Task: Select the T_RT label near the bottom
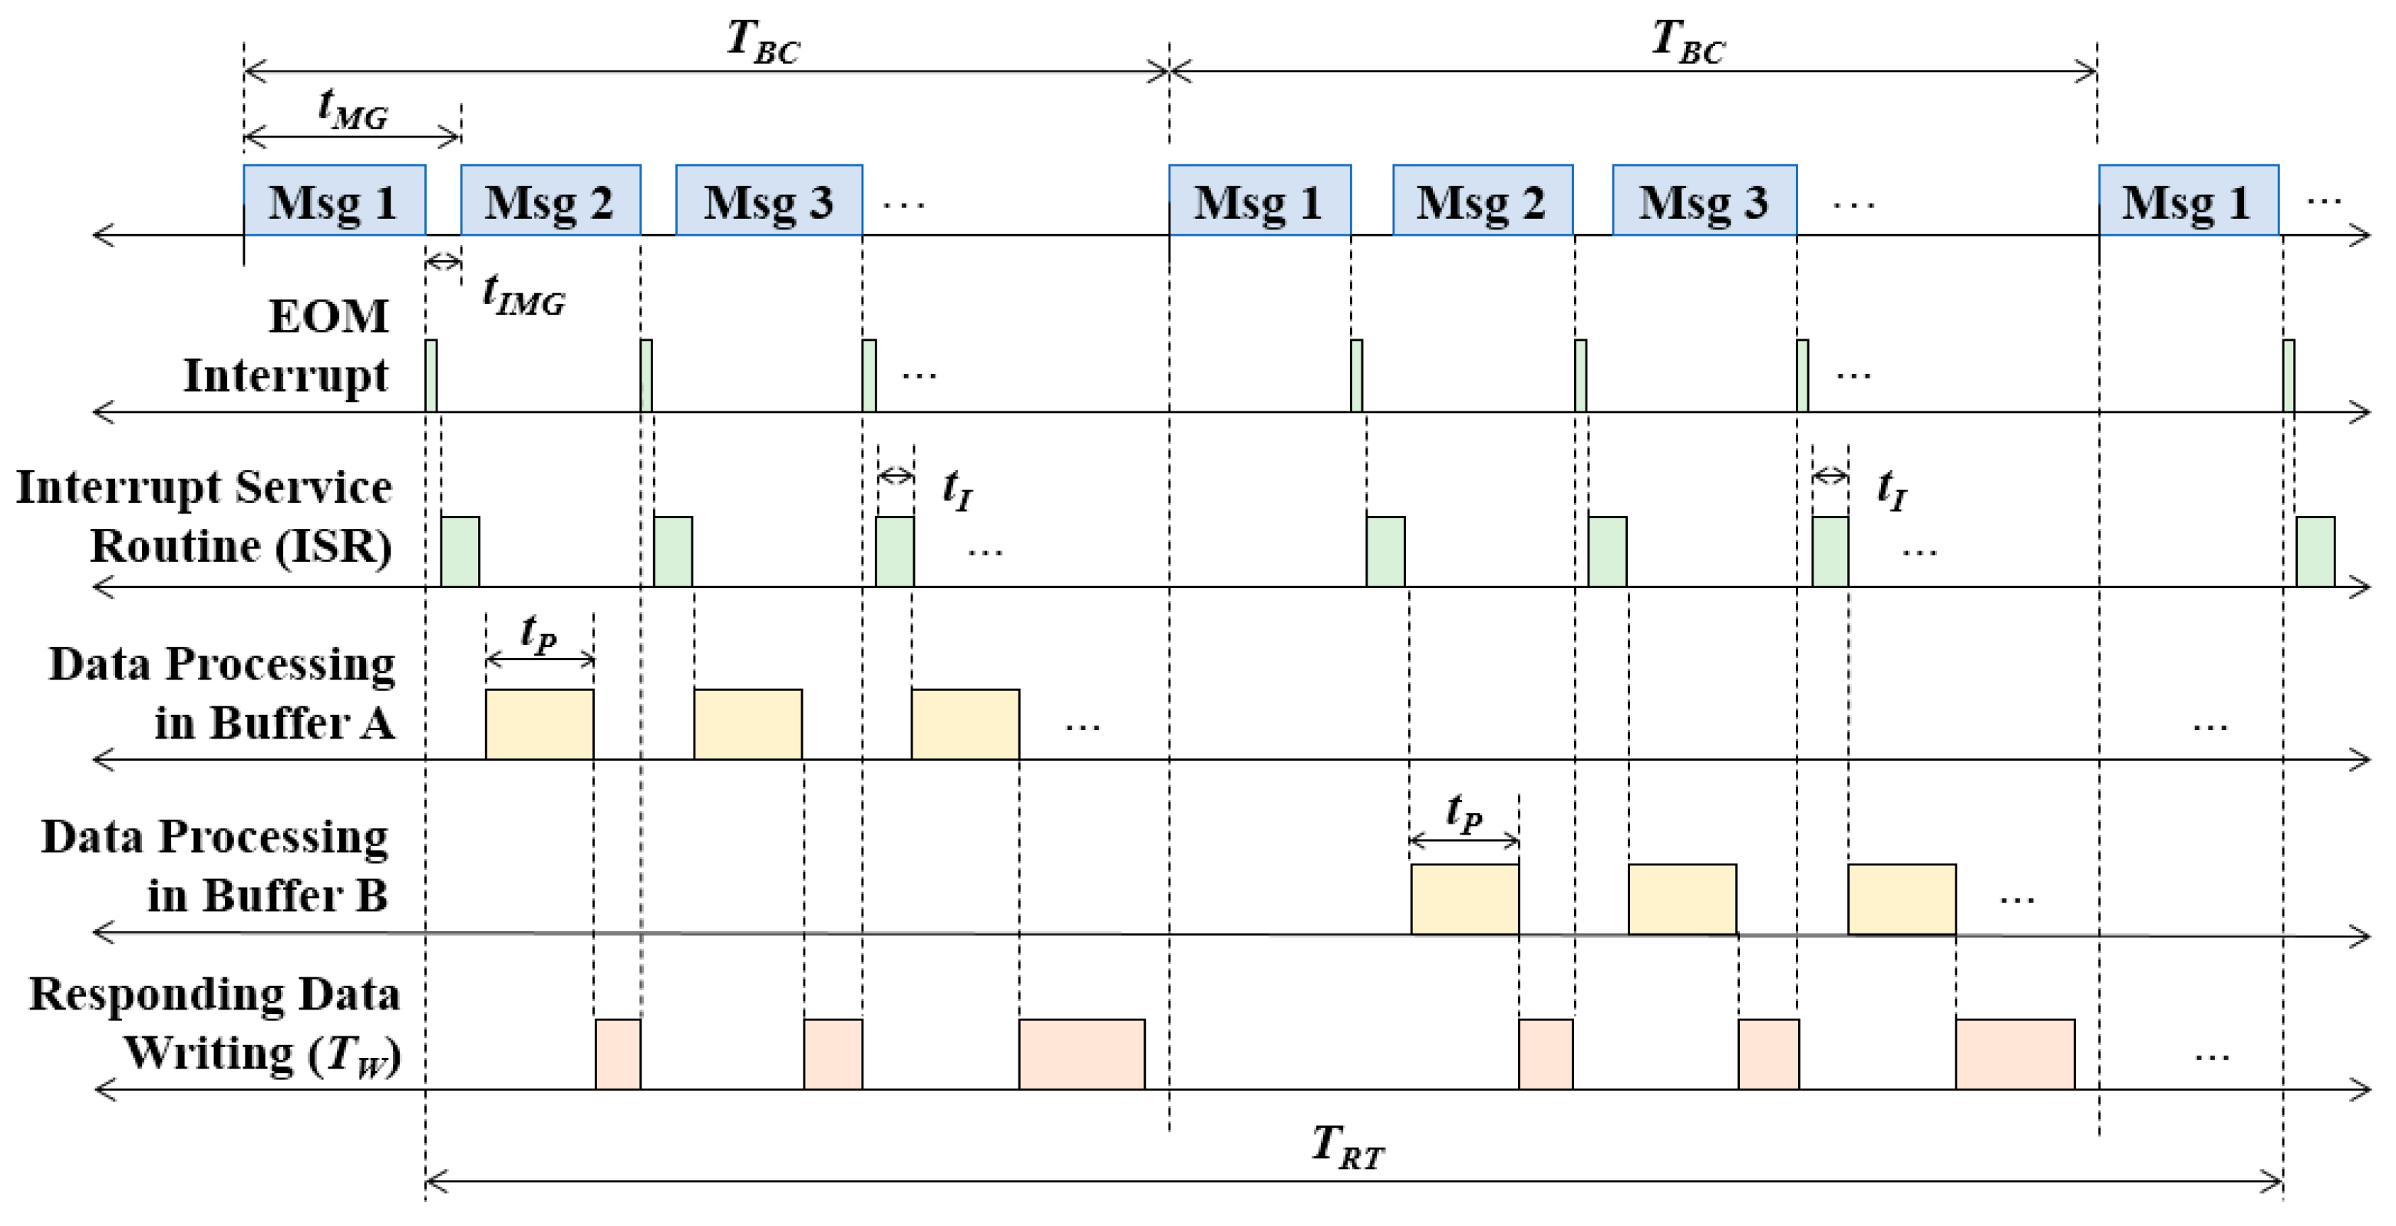pos(1348,1146)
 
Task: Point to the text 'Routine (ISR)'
pos(241,546)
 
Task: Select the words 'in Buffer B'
pos(268,896)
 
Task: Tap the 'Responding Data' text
pos(215,994)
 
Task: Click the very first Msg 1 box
pos(335,201)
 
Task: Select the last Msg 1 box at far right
pos(2188,201)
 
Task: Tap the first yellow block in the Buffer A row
pos(540,724)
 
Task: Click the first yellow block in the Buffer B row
pos(1464,898)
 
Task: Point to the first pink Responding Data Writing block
pos(618,1054)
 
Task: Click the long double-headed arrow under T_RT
pos(1353,1182)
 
